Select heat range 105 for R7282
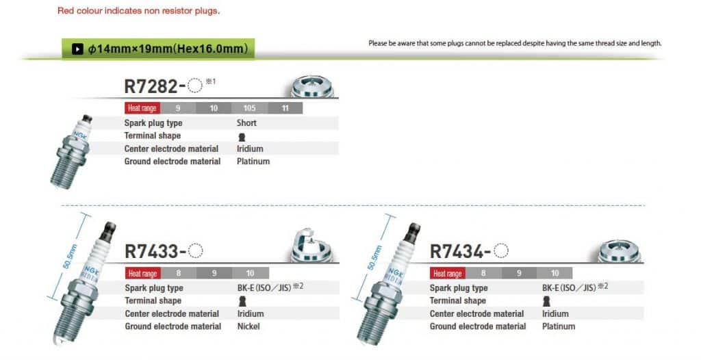(249, 107)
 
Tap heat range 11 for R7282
(285, 107)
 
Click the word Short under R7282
(246, 123)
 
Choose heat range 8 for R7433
(179, 273)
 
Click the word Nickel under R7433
(248, 326)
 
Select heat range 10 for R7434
(555, 273)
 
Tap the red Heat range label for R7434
(448, 273)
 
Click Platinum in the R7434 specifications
(559, 326)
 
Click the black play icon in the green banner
(77, 49)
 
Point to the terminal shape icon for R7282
(242, 137)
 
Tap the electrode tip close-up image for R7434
(619, 251)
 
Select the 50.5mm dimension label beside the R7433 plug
(71, 256)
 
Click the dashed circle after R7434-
(501, 250)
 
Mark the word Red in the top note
(66, 11)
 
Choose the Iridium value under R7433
(251, 313)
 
